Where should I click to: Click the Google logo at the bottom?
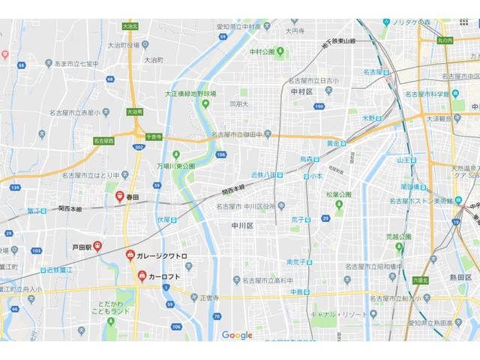[x=237, y=335]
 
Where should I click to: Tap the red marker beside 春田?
[x=119, y=196]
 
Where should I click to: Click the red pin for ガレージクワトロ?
[x=130, y=256]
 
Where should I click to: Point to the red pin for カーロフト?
[x=141, y=277]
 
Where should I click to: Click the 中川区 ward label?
[x=242, y=224]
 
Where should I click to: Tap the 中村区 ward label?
[x=301, y=91]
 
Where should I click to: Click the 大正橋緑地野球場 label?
[x=190, y=94]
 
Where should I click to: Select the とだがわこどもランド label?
[x=110, y=305]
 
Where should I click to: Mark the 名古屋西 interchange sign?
[x=103, y=140]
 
